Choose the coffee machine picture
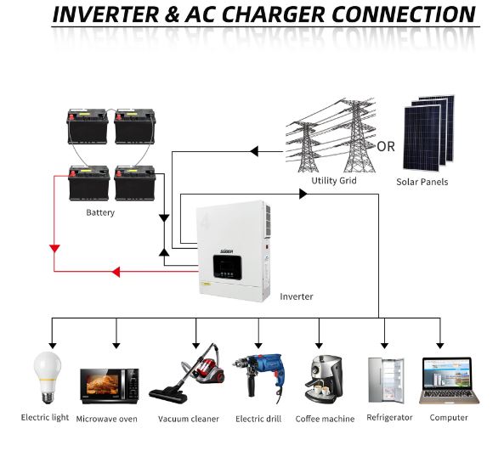pyautogui.click(x=322, y=379)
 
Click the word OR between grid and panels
pyautogui.click(x=386, y=146)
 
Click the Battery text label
pyautogui.click(x=100, y=212)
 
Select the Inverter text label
pyautogui.click(x=297, y=296)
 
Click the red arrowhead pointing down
pyautogui.click(x=54, y=249)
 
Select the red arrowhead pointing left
pyautogui.click(x=116, y=272)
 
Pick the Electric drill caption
pyautogui.click(x=258, y=419)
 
